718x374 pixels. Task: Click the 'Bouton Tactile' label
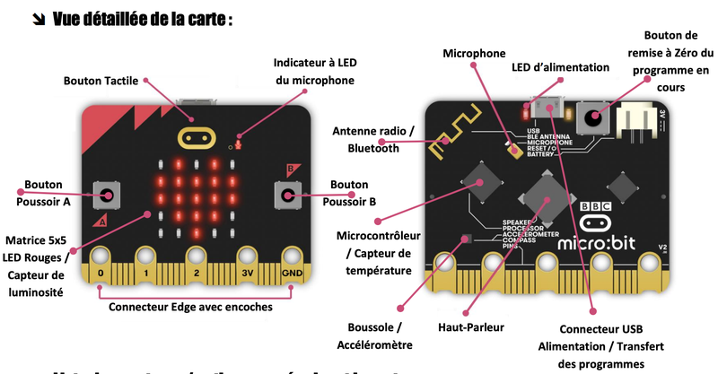pos(101,81)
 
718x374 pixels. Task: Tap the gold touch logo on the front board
pos(199,138)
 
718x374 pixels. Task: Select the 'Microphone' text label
pos(474,54)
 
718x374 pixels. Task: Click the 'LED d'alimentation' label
pos(560,67)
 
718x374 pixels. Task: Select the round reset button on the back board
pos(592,116)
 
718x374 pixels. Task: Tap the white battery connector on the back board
pos(639,117)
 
